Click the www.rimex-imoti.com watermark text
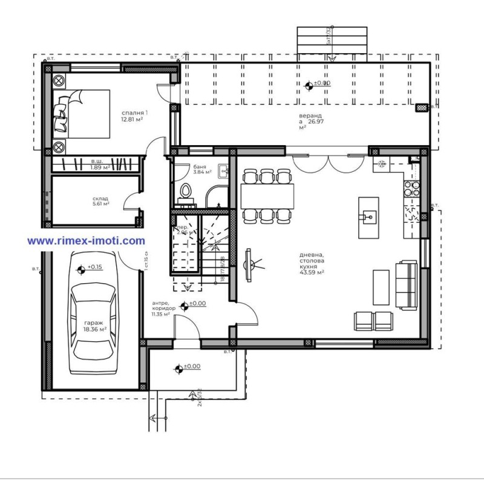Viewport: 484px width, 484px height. coord(87,240)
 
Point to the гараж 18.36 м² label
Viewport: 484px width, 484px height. coord(95,327)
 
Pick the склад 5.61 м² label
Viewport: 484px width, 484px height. coord(101,201)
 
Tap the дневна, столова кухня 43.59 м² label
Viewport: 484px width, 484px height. coord(312,264)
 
